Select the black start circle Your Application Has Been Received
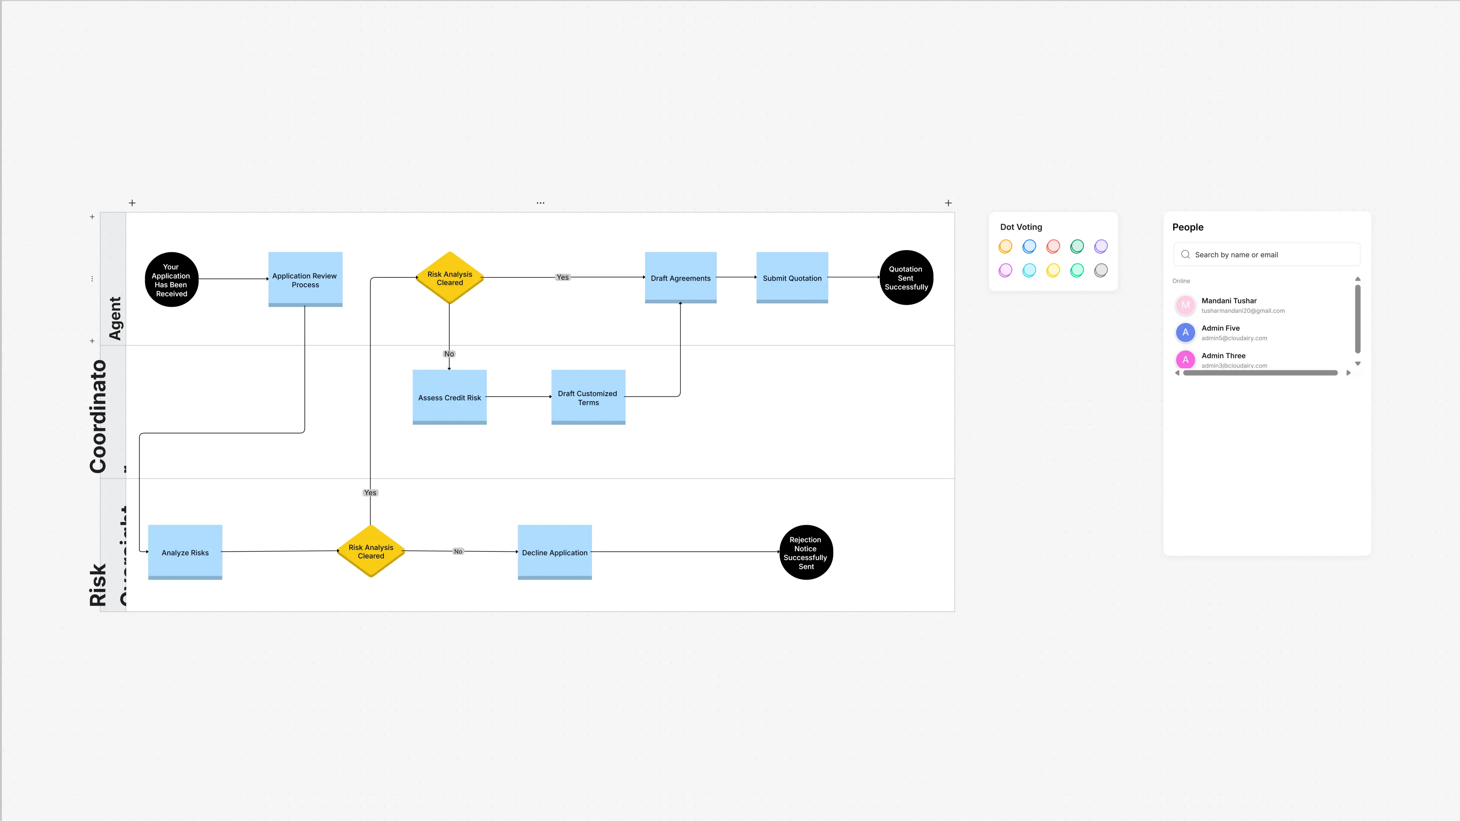click(171, 279)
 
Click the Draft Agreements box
click(680, 278)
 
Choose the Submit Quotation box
click(792, 278)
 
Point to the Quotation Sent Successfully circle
click(906, 278)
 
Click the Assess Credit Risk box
click(449, 397)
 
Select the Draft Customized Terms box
click(588, 397)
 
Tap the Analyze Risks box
click(185, 552)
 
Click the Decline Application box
click(554, 552)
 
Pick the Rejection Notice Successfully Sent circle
click(806, 553)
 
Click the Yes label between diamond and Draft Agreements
click(562, 277)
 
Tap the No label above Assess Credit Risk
click(449, 354)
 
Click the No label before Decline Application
click(458, 551)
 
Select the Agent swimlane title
click(115, 318)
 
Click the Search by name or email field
click(1267, 254)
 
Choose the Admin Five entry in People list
click(1220, 332)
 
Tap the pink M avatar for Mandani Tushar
click(1185, 305)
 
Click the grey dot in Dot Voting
click(1100, 270)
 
